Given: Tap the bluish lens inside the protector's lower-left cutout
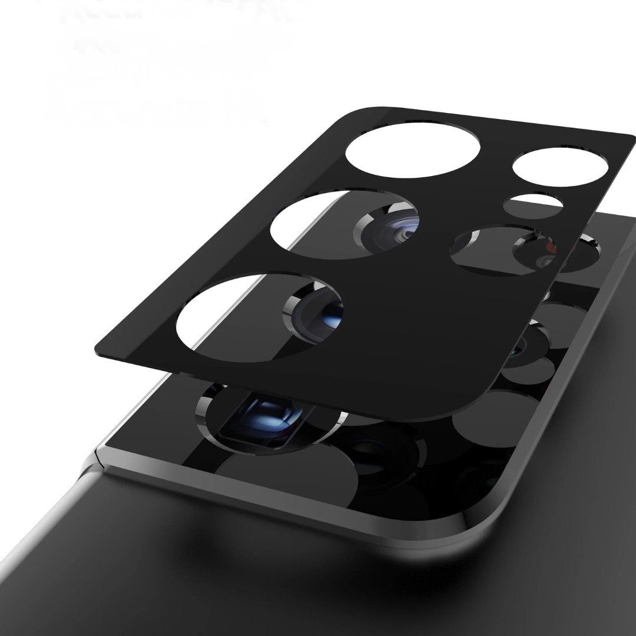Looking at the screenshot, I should (321, 309).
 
